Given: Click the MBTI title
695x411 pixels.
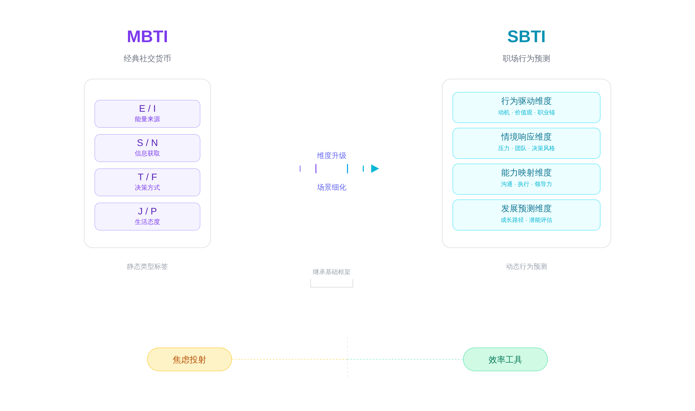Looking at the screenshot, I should pyautogui.click(x=147, y=37).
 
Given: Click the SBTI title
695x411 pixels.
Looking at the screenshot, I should pyautogui.click(x=526, y=37).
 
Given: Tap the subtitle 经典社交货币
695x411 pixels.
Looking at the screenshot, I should pyautogui.click(x=147, y=58).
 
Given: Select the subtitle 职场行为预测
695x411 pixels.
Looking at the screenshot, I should pyautogui.click(x=526, y=58).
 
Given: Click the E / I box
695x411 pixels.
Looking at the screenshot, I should pyautogui.click(x=147, y=114).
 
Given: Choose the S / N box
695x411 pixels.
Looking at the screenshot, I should pyautogui.click(x=147, y=148).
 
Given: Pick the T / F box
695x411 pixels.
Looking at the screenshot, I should pyautogui.click(x=147, y=182).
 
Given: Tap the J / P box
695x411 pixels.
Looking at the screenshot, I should pyautogui.click(x=147, y=216).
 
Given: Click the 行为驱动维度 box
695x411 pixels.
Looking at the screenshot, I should pyautogui.click(x=526, y=107).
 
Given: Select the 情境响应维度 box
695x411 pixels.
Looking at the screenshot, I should pyautogui.click(x=526, y=143).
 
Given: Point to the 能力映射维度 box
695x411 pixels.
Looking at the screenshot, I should pyautogui.click(x=526, y=179).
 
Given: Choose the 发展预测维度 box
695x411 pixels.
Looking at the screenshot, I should pyautogui.click(x=526, y=215).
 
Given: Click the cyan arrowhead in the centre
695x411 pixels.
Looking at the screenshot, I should pyautogui.click(x=375, y=168).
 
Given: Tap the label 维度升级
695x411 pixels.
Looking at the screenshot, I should pyautogui.click(x=331, y=156).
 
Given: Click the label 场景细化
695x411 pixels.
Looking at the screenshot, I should pyautogui.click(x=331, y=187).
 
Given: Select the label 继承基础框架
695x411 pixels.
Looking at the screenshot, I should pyautogui.click(x=331, y=272).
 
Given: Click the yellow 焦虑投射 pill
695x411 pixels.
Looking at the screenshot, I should pyautogui.click(x=189, y=359).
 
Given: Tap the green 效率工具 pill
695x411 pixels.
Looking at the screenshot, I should pyautogui.click(x=505, y=359).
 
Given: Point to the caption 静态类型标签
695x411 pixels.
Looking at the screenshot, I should pyautogui.click(x=147, y=266).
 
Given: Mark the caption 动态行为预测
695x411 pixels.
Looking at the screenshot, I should pyautogui.click(x=526, y=266).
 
